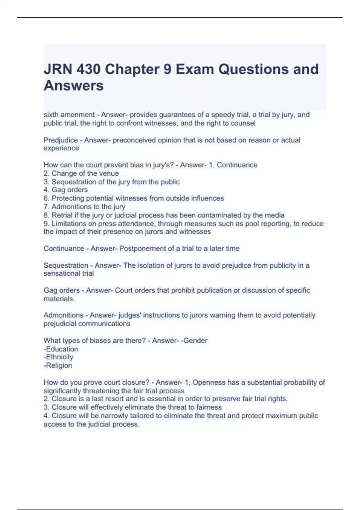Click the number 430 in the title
(x=88, y=69)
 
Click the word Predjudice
(x=61, y=140)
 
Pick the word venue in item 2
(x=110, y=173)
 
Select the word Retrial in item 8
(x=62, y=215)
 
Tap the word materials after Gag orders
(x=59, y=299)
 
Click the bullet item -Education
(x=61, y=349)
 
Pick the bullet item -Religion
(x=58, y=366)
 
